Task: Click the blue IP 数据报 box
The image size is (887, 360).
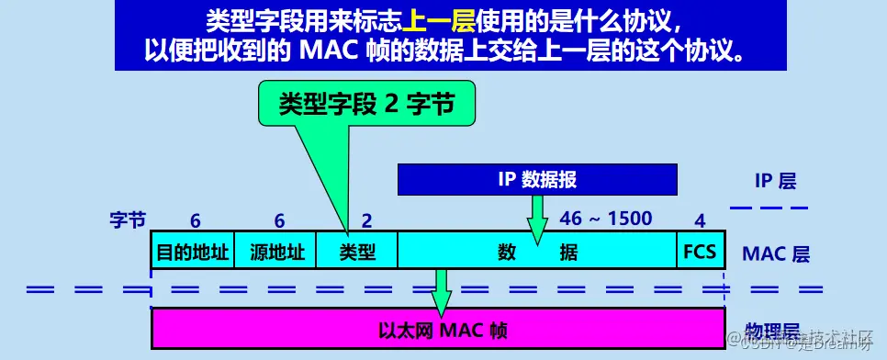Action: point(537,179)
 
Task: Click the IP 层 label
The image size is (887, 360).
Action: point(775,180)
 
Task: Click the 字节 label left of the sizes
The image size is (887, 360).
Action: point(128,220)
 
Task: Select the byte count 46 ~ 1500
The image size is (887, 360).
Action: point(606,219)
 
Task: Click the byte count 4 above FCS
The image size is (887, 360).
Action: point(700,220)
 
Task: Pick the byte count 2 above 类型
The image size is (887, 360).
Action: point(366,220)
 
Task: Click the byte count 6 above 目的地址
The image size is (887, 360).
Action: point(195,220)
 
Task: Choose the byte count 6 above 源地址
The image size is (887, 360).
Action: point(279,220)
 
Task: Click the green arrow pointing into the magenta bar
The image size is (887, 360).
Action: point(441,292)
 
